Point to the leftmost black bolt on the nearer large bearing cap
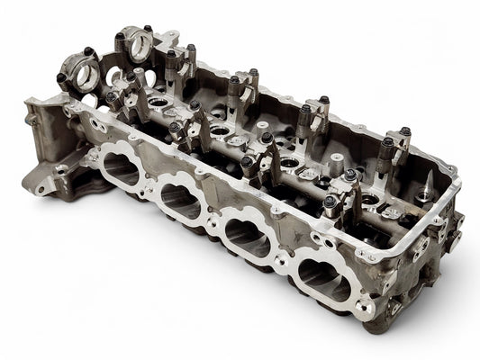point(61,78)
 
